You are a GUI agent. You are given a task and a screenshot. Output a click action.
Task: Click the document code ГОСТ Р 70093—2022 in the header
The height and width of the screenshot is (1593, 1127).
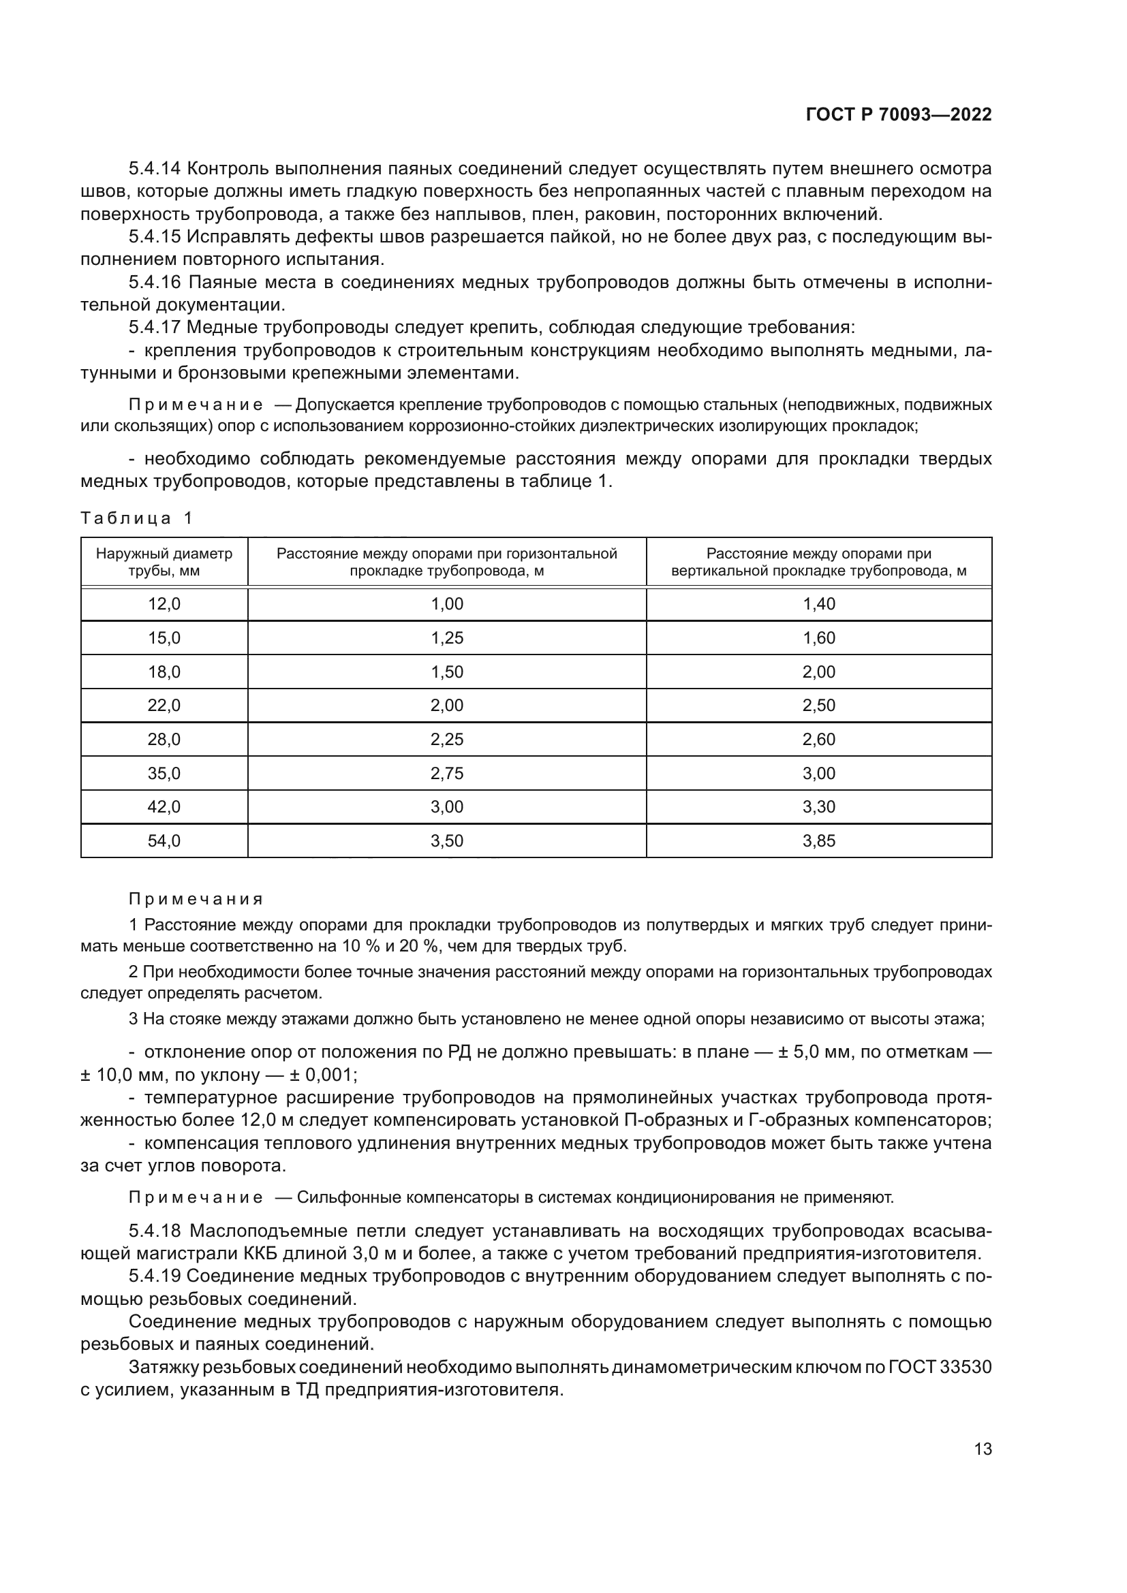pos(898,115)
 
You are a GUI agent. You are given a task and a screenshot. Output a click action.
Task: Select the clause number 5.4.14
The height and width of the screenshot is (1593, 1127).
pos(154,169)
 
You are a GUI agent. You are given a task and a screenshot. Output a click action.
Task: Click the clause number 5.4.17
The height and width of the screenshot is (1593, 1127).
pos(154,327)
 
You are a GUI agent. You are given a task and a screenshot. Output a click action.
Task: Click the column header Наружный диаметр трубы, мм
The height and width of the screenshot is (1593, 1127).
pos(164,562)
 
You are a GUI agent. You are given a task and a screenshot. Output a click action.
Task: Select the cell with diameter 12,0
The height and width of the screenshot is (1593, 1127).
pos(164,604)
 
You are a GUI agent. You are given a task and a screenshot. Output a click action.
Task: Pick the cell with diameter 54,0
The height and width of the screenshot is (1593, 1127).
pos(164,841)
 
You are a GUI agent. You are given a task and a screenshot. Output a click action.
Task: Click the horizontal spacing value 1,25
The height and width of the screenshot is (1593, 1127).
pos(447,638)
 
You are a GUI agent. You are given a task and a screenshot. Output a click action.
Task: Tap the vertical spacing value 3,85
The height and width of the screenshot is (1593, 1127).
pos(819,841)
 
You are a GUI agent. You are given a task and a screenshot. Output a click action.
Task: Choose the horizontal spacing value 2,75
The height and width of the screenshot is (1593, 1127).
pos(447,774)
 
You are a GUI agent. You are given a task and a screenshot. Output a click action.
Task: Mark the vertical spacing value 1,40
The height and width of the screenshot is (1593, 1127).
pos(819,604)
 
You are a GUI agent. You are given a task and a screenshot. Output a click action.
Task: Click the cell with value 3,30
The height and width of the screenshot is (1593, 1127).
pos(819,807)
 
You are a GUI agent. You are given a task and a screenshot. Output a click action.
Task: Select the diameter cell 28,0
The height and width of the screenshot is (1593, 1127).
pos(164,740)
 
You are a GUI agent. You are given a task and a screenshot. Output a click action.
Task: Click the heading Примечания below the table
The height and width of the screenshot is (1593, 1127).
pos(196,899)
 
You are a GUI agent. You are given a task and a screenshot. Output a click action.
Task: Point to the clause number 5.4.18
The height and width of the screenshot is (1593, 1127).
pos(154,1231)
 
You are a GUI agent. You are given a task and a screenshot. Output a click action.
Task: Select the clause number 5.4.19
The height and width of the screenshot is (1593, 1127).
pos(154,1276)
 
